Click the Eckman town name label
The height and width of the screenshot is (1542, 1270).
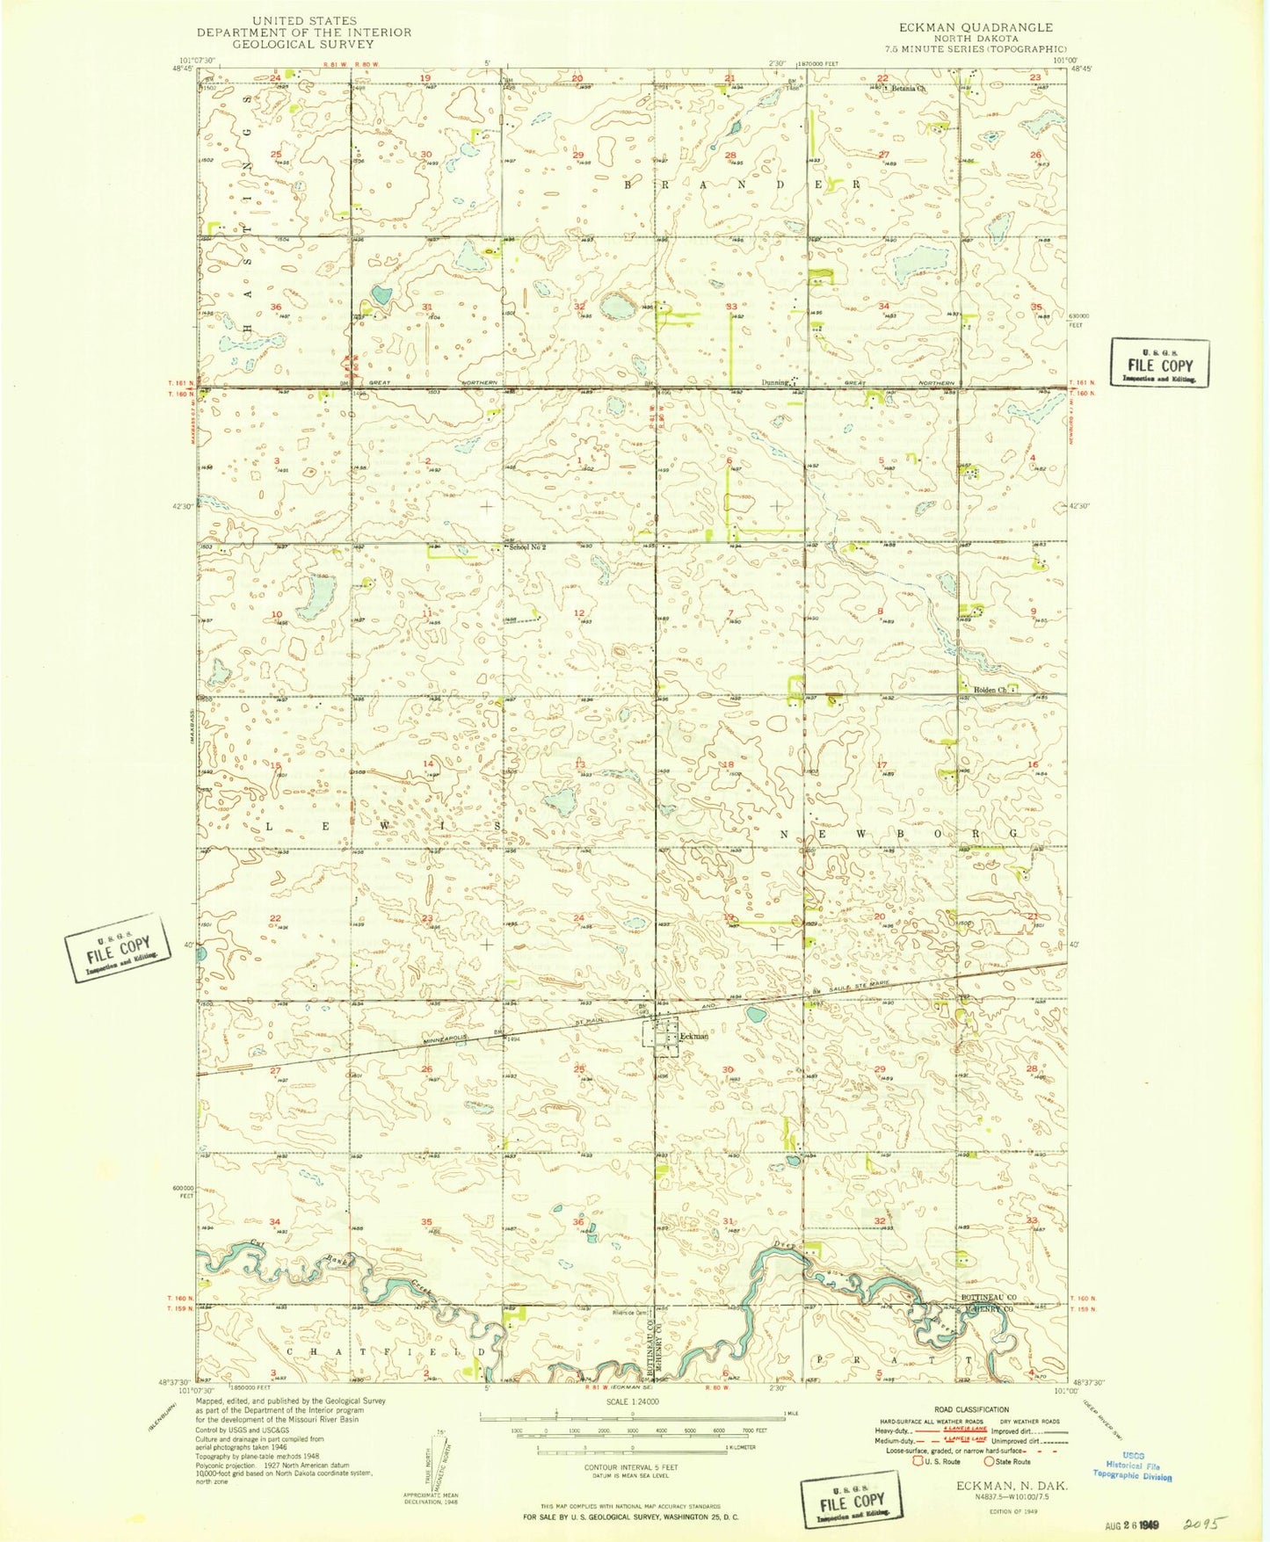click(694, 1037)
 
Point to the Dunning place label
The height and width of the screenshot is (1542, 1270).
click(774, 382)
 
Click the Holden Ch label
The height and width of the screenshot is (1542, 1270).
click(990, 690)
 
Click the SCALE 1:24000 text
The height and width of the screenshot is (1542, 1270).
click(632, 1403)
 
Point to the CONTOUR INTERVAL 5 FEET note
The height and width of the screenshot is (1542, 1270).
click(632, 1467)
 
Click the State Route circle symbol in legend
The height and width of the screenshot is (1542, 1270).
click(990, 1462)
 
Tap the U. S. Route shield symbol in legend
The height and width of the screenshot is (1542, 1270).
click(918, 1462)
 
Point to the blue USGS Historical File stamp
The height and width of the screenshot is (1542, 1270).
click(1132, 1471)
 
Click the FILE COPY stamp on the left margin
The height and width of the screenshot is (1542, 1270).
click(120, 947)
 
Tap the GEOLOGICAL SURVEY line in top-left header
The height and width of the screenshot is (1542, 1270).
click(303, 44)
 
